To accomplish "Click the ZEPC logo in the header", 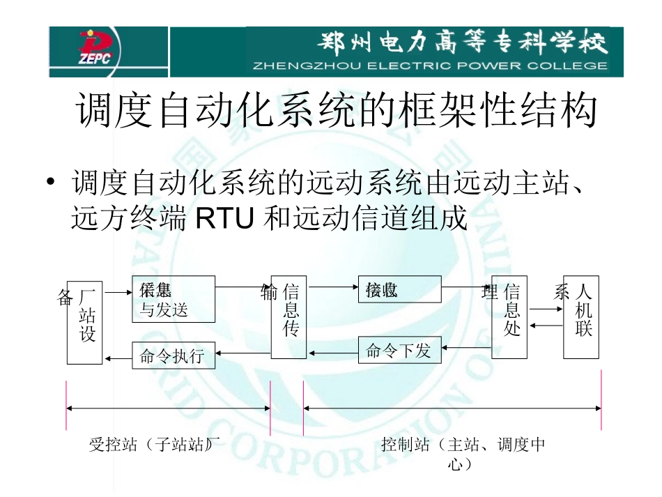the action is tap(99, 52).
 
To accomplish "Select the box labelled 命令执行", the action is tap(174, 355).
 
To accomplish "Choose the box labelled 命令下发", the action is tap(400, 351).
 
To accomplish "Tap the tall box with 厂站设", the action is tap(84, 323).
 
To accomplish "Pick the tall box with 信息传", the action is tap(288, 317).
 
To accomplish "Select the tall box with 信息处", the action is tap(509, 317).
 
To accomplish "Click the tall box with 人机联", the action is tap(581, 317).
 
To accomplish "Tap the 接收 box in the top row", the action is tap(399, 289).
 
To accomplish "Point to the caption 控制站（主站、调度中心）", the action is tap(463, 452).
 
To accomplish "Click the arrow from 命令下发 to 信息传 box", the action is tap(333, 352).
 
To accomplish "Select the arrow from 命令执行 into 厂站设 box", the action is tap(118, 358).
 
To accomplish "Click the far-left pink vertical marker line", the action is tap(66, 404).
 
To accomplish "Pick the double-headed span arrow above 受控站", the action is tap(168, 408).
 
